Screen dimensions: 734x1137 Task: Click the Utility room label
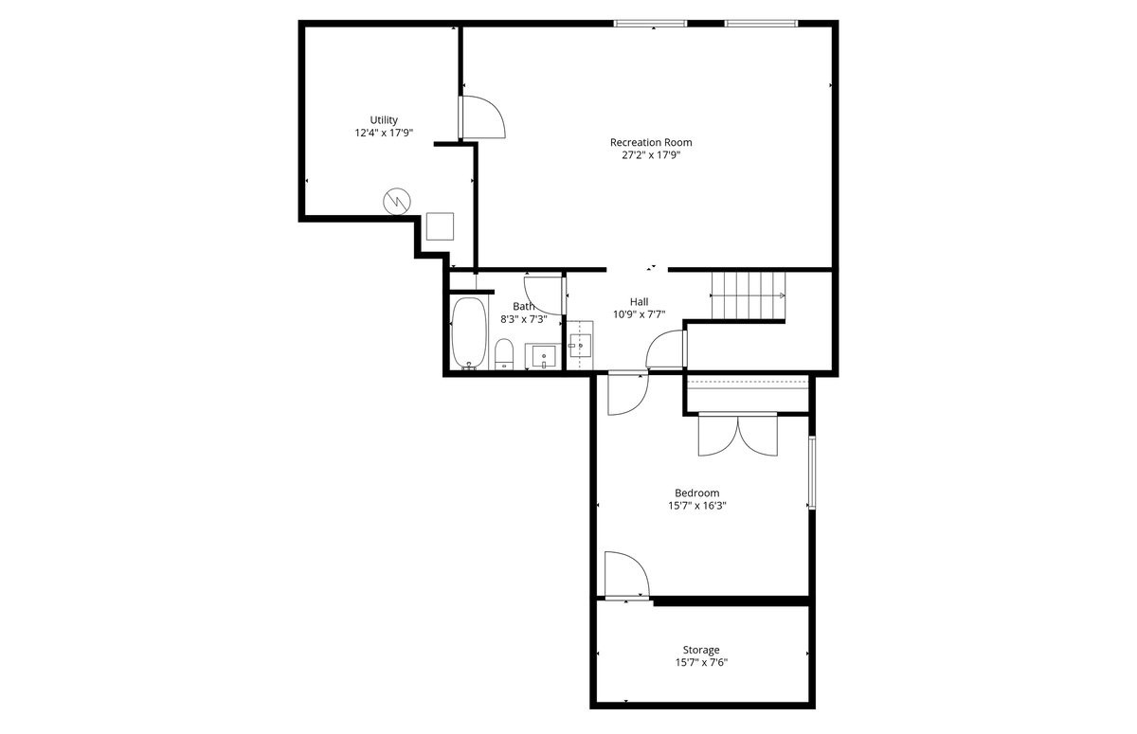pyautogui.click(x=384, y=120)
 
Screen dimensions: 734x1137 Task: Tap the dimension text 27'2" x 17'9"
pyautogui.click(x=651, y=156)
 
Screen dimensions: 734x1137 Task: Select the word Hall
pyautogui.click(x=639, y=301)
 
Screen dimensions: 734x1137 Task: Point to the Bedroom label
pyautogui.click(x=696, y=492)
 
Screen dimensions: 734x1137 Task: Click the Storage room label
pyautogui.click(x=701, y=650)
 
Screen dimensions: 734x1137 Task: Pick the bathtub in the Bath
pyautogui.click(x=468, y=332)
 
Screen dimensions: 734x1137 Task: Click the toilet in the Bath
pyautogui.click(x=504, y=352)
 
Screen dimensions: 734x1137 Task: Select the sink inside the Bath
pyautogui.click(x=543, y=356)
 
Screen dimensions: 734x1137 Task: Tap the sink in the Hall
pyautogui.click(x=579, y=346)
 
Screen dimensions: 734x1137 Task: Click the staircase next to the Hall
pyautogui.click(x=749, y=295)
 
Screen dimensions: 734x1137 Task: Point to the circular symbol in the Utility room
pyautogui.click(x=396, y=201)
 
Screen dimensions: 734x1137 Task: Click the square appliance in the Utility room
pyautogui.click(x=440, y=226)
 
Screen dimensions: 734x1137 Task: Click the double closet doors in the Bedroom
pyautogui.click(x=737, y=435)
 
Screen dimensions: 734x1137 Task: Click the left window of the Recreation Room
pyautogui.click(x=650, y=23)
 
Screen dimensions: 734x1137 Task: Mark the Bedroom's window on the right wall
pyautogui.click(x=811, y=473)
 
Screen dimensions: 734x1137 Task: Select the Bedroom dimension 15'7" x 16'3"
pyautogui.click(x=696, y=506)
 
